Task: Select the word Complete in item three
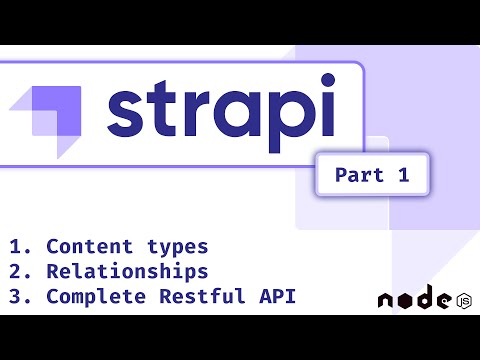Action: click(95, 296)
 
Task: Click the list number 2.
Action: click(17, 271)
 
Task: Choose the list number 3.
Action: click(17, 296)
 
